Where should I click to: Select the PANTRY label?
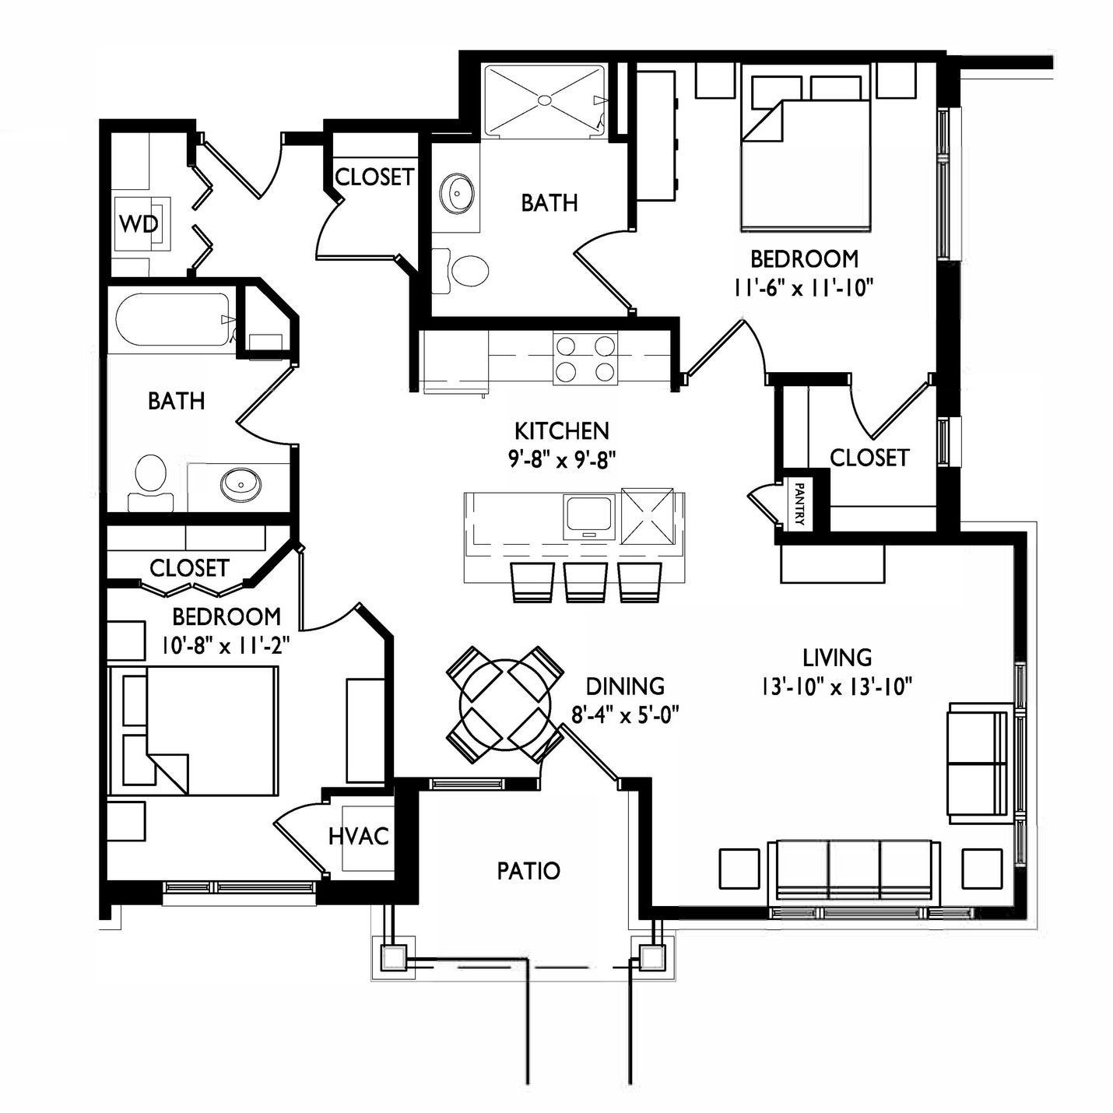point(799,504)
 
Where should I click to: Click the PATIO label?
point(528,870)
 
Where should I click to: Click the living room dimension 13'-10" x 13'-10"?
point(837,687)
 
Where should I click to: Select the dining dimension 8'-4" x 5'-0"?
point(624,715)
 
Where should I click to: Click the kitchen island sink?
point(590,517)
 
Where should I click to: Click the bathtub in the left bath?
point(174,320)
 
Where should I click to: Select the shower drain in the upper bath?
point(544,100)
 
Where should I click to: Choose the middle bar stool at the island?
point(585,583)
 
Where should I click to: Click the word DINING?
point(625,686)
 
